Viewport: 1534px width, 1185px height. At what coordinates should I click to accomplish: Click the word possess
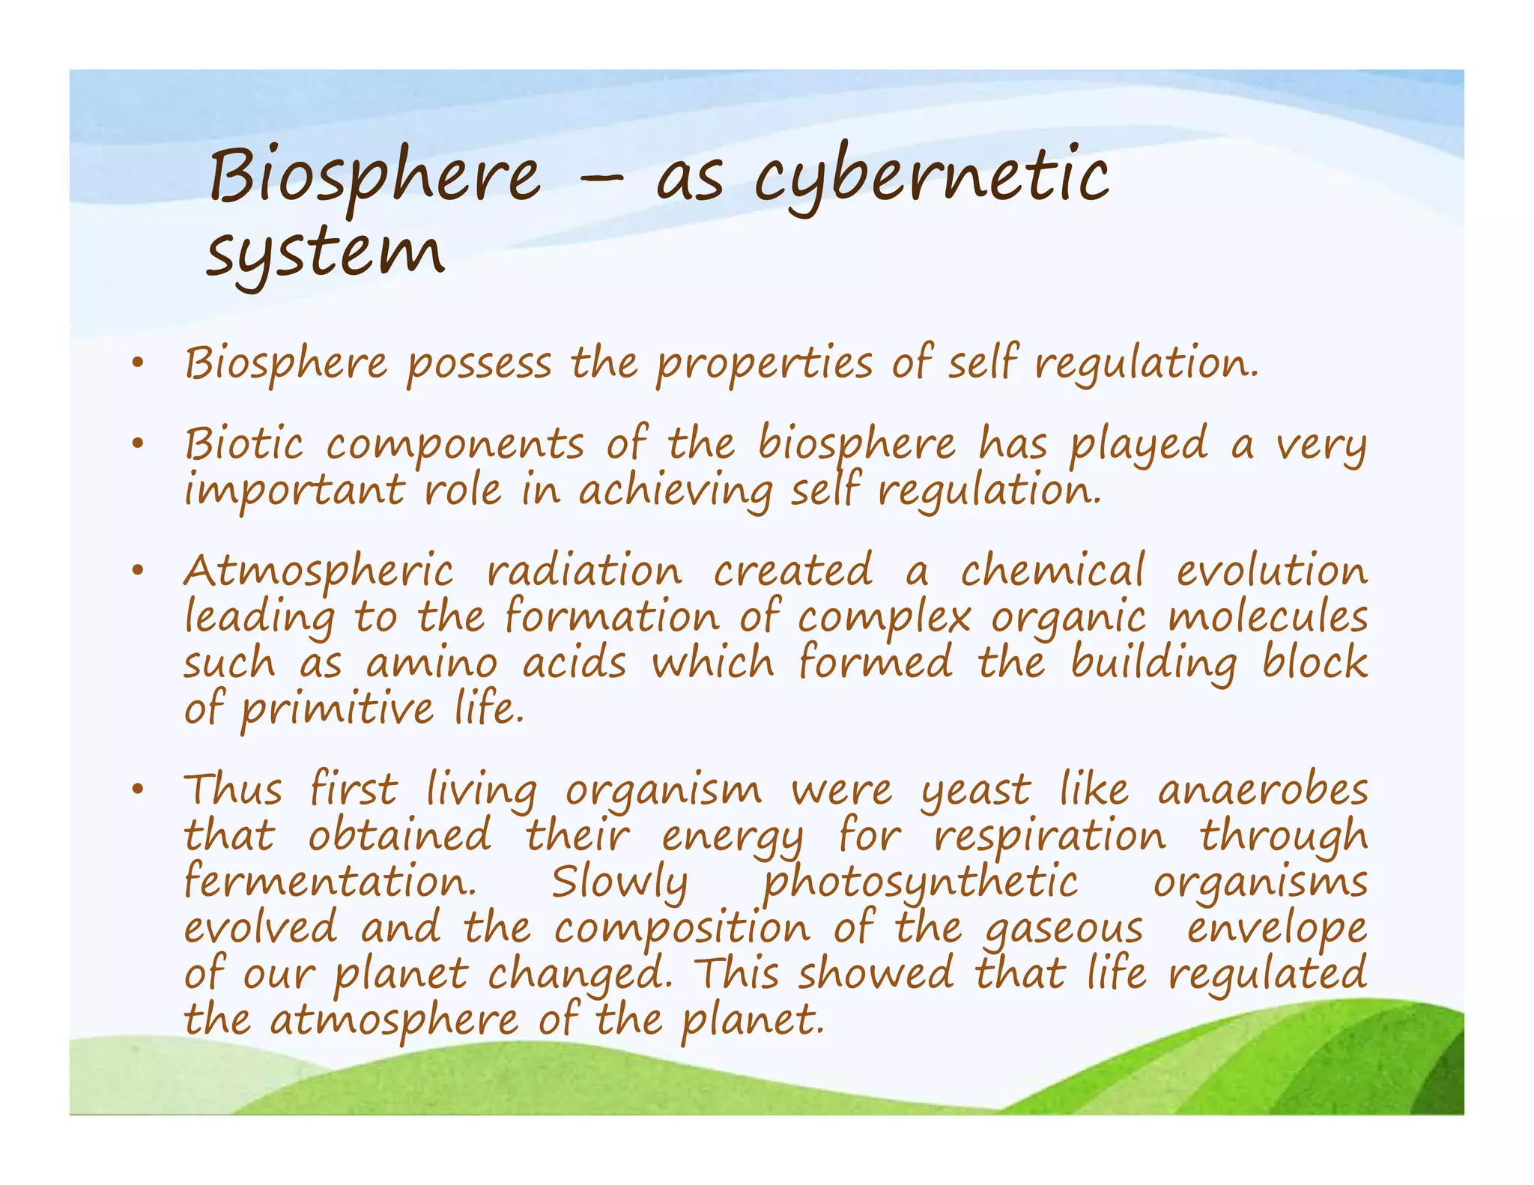[x=479, y=365]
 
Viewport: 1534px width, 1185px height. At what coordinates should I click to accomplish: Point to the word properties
[x=765, y=365]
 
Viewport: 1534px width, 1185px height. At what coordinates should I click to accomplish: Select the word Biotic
[x=244, y=443]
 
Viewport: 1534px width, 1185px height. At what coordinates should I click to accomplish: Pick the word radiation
[x=584, y=572]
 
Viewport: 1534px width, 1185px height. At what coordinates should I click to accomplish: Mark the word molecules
[x=1267, y=617]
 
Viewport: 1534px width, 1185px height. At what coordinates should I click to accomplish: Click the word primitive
[x=337, y=710]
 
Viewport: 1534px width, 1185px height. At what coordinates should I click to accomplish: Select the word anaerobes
[x=1263, y=791]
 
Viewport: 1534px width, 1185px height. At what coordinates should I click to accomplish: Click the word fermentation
[x=330, y=882]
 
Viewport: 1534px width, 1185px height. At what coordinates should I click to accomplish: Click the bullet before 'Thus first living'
[x=136, y=790]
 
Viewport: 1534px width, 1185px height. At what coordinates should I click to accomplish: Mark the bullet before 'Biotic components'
[x=136, y=444]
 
